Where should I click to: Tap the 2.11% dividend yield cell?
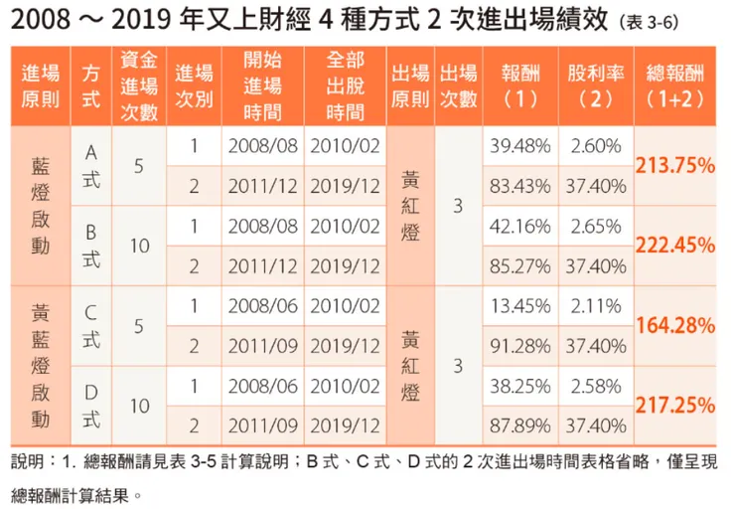coord(596,305)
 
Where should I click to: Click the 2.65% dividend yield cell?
coord(596,226)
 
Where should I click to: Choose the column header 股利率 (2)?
coord(596,86)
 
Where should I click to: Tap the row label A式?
coord(91,164)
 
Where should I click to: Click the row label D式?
coord(91,405)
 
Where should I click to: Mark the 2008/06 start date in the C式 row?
coord(262,305)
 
